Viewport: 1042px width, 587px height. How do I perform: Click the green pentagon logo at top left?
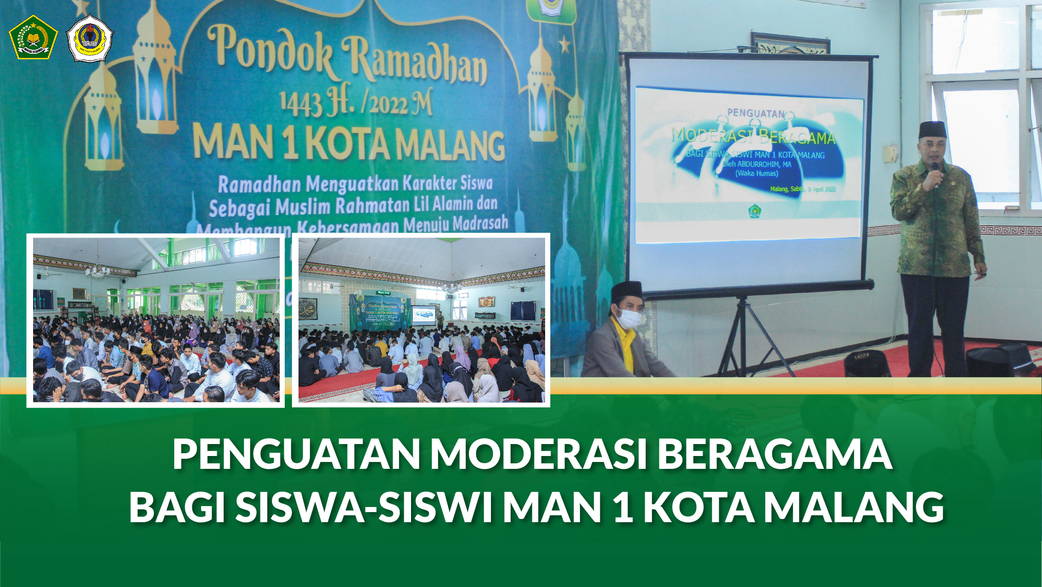point(33,37)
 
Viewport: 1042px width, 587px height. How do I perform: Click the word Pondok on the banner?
point(270,51)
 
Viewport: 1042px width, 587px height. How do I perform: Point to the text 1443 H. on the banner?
point(316,103)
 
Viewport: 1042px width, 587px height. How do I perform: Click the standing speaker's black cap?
point(933,130)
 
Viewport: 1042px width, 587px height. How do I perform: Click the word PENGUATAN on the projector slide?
point(755,113)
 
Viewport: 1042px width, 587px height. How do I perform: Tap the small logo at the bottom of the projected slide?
point(755,211)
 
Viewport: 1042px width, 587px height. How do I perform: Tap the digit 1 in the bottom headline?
point(623,507)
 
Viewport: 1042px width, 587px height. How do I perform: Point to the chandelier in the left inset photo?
point(98,271)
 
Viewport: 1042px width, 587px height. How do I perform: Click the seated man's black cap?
point(626,291)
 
